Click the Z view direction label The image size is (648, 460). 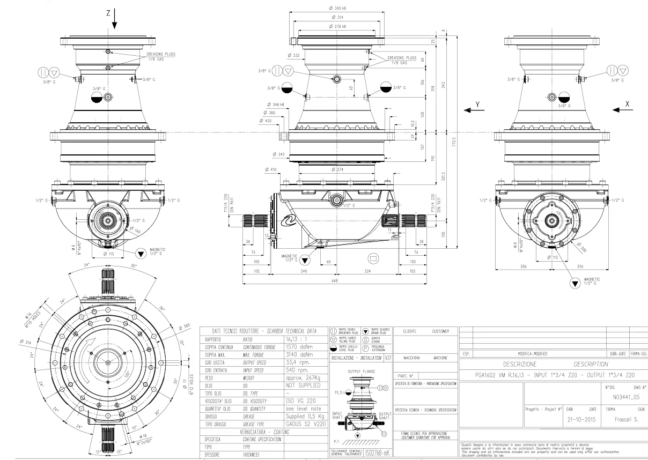point(108,12)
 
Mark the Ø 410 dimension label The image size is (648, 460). point(271,170)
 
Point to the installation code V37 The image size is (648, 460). point(387,357)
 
